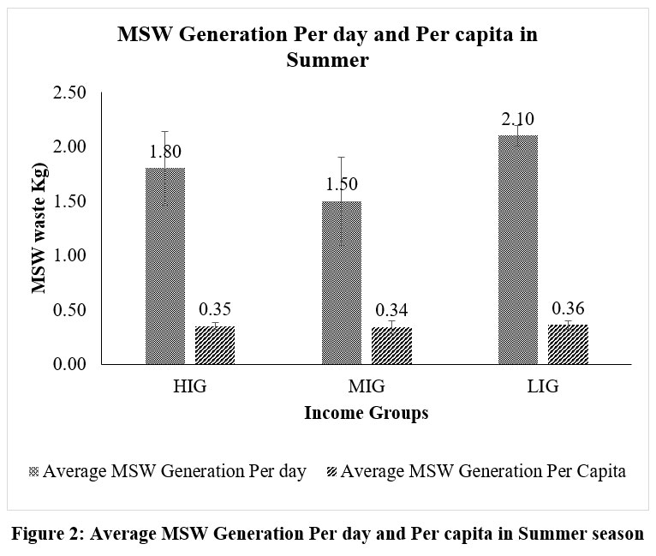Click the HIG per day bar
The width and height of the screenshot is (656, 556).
pos(165,266)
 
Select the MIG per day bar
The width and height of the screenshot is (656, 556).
pos(342,283)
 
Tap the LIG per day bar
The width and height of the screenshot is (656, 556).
pos(518,249)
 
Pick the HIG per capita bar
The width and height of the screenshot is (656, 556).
pos(215,345)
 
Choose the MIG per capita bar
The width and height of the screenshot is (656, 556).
pos(391,346)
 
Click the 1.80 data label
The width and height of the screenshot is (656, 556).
pos(165,152)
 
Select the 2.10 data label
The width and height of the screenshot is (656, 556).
pos(518,119)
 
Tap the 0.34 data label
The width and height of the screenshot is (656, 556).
pos(391,310)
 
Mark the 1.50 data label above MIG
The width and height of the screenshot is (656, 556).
pos(342,184)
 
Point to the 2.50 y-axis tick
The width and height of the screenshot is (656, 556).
pos(69,93)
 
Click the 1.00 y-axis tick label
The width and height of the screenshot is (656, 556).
pos(69,255)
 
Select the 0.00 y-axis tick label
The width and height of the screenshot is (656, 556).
pos(69,364)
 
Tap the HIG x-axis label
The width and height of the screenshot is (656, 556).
pos(189,386)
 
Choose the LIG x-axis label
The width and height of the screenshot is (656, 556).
pos(542,386)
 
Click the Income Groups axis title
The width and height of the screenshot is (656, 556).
pos(366,414)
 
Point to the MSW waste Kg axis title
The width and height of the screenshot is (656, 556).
pos(38,227)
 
